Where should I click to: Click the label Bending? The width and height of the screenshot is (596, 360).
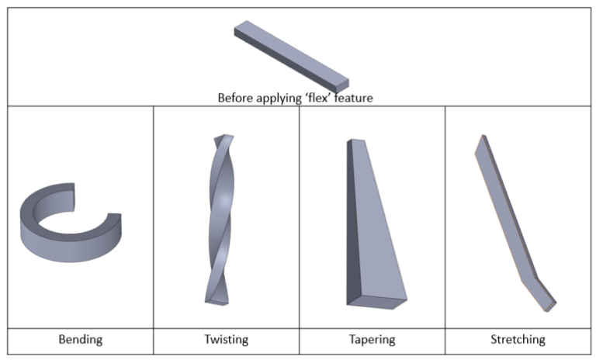tap(81, 340)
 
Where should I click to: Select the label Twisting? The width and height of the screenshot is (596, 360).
tap(226, 340)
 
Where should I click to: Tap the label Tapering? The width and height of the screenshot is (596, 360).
tap(372, 340)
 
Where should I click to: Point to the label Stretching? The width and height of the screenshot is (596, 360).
tap(518, 340)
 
